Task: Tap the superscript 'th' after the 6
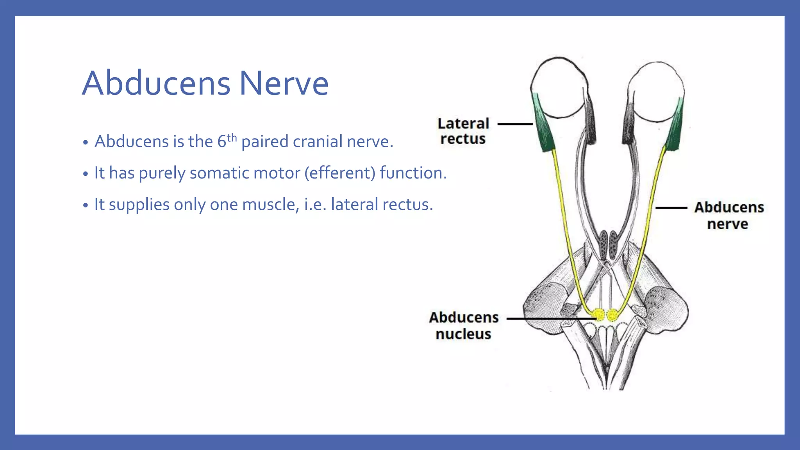232,137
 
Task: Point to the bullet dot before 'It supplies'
86,205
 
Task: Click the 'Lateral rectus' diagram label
463,131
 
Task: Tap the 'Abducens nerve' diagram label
729,216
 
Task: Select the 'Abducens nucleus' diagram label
464,326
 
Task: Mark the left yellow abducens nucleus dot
598,314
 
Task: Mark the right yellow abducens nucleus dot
612,314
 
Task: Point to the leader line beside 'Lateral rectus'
515,124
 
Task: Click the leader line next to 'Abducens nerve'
671,208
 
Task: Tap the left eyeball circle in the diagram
559,88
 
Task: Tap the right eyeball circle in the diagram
657,92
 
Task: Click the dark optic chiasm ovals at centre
608,245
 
